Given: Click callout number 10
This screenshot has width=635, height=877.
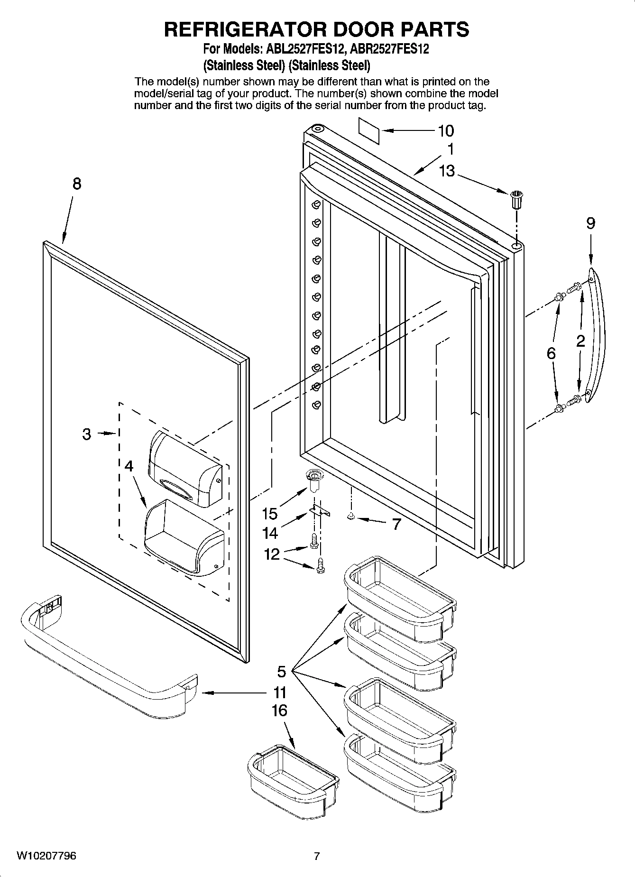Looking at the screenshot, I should [446, 131].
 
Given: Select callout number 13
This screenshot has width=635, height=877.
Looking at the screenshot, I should [447, 170].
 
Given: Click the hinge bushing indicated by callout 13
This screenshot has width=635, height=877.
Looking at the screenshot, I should [516, 199].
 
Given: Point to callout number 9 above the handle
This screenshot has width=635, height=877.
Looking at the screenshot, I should [590, 223].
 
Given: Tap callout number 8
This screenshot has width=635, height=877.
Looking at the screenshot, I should [76, 184].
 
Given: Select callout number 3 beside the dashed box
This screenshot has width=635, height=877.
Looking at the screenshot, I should [86, 434].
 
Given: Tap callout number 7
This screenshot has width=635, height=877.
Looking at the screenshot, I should [396, 524].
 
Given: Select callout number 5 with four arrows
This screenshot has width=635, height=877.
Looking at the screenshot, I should [282, 672].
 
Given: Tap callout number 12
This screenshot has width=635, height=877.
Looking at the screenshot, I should [272, 554].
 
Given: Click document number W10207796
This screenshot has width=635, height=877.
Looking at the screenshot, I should [46, 856].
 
